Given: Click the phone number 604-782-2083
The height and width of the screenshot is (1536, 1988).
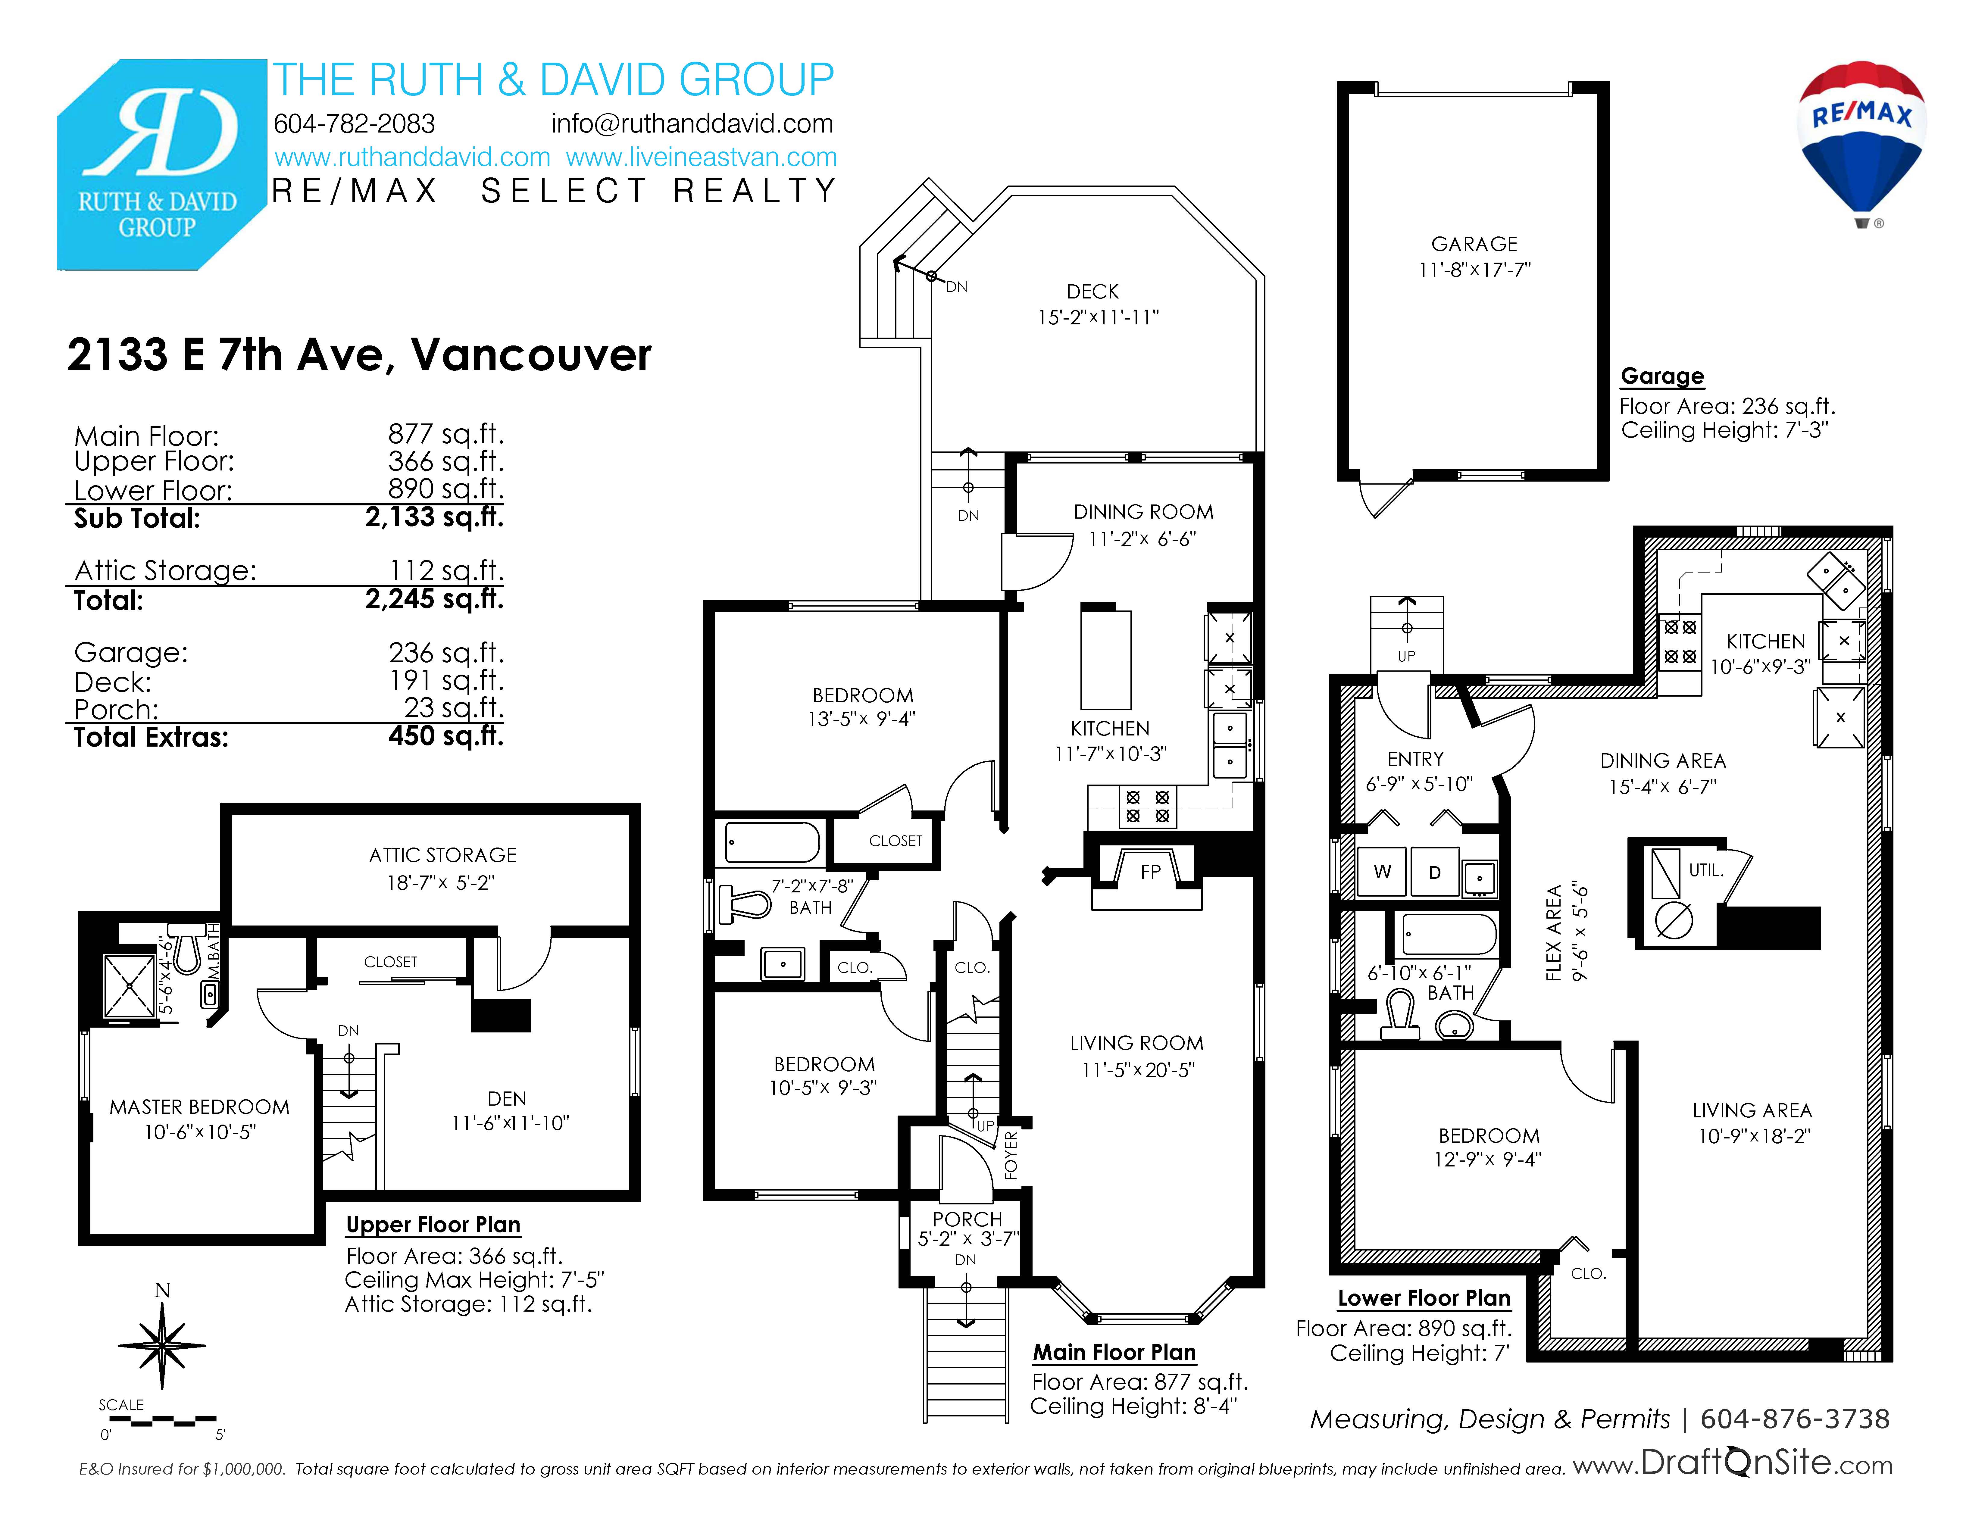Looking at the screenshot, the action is click(354, 124).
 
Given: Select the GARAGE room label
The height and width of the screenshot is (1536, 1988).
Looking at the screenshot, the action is click(1475, 244).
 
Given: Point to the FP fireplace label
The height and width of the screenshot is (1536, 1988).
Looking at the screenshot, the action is click(1151, 872).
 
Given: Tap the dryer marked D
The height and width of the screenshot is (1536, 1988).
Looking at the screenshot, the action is click(1435, 872).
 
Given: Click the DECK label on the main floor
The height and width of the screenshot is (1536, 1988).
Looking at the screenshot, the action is click(1092, 291).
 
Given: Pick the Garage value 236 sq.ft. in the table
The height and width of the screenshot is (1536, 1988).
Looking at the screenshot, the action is click(446, 652).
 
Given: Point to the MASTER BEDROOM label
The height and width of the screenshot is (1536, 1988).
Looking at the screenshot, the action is click(199, 1107).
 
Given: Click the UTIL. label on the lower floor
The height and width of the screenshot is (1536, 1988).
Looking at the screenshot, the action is click(1706, 870).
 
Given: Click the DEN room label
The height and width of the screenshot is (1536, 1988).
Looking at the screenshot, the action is click(507, 1098).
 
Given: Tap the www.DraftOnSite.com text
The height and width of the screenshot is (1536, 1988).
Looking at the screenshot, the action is click(1732, 1463).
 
